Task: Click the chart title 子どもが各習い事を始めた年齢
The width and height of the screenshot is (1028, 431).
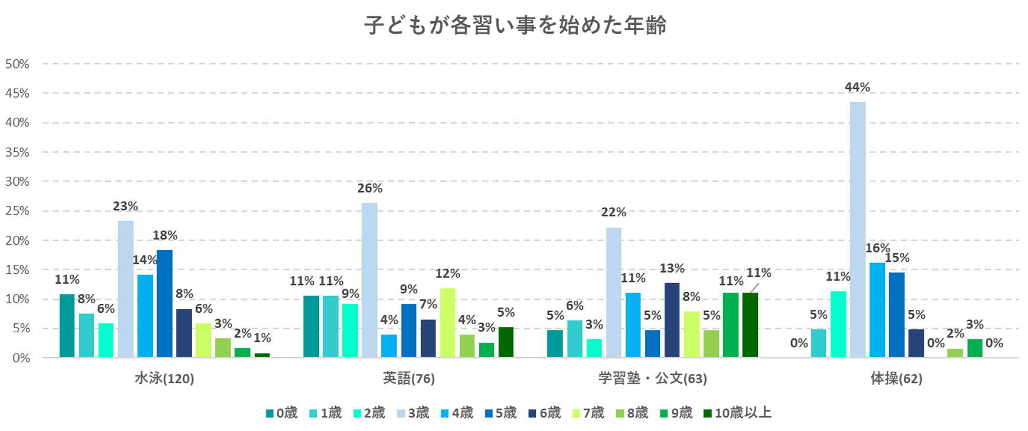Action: (515, 25)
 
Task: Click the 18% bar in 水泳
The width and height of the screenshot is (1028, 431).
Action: (164, 303)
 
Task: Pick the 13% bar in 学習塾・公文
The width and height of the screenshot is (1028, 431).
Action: (672, 320)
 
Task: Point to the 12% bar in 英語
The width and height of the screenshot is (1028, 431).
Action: (447, 322)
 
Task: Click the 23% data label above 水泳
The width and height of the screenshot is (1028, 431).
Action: (125, 206)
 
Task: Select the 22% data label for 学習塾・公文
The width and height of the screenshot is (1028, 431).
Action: (613, 212)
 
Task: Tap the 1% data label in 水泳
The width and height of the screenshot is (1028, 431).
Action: (262, 338)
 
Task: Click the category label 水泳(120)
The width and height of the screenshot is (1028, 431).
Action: (164, 379)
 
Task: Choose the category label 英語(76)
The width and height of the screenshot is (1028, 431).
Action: (408, 379)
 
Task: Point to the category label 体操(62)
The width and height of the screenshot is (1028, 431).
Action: (896, 379)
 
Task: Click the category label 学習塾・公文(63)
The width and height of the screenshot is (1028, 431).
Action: (652, 379)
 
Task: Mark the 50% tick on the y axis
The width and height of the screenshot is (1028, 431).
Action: (17, 64)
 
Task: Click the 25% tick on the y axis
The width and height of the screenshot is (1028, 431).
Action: (17, 211)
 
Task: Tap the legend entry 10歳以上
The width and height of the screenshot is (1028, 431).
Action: (737, 413)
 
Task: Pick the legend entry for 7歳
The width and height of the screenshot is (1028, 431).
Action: (588, 413)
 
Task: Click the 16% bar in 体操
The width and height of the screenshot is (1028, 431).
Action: (877, 310)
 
